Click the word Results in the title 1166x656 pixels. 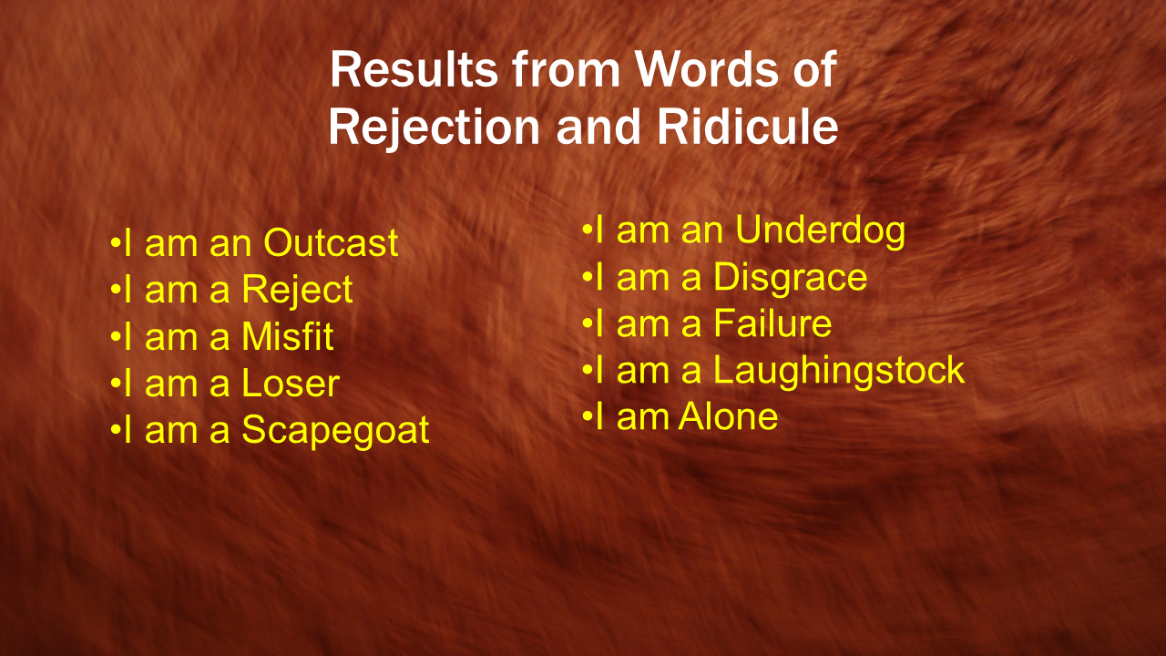pyautogui.click(x=414, y=70)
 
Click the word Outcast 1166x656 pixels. pyautogui.click(x=331, y=242)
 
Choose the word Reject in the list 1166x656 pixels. pyautogui.click(x=297, y=290)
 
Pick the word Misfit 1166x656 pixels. pyautogui.click(x=287, y=336)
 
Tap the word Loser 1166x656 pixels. pyautogui.click(x=291, y=384)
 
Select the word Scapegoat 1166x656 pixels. pyautogui.click(x=335, y=431)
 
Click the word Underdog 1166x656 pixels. pyautogui.click(x=821, y=231)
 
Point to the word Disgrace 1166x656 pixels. pyautogui.click(x=790, y=278)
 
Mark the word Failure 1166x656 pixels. pyautogui.click(x=772, y=323)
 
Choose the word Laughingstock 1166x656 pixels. pyautogui.click(x=839, y=371)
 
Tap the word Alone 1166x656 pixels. pyautogui.click(x=728, y=416)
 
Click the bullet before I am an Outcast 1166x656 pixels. pyautogui.click(x=115, y=243)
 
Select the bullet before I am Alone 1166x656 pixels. pyautogui.click(x=587, y=417)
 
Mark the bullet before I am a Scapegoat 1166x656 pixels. pyautogui.click(x=115, y=431)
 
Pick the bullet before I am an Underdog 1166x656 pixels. pyautogui.click(x=587, y=230)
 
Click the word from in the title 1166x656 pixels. pyautogui.click(x=566, y=70)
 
